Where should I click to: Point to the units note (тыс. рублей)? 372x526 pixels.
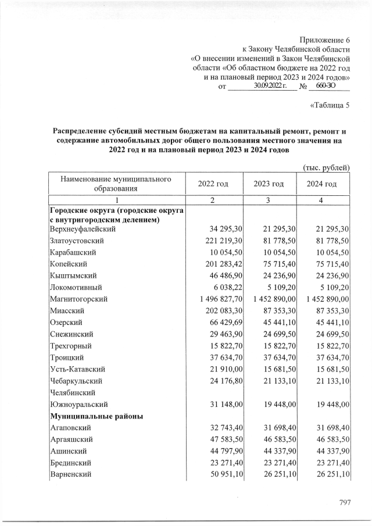click(x=327, y=168)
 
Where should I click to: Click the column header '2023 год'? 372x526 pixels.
click(x=269, y=184)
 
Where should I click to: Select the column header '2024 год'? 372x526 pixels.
click(x=322, y=184)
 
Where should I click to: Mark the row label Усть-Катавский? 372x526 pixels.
click(x=77, y=369)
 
